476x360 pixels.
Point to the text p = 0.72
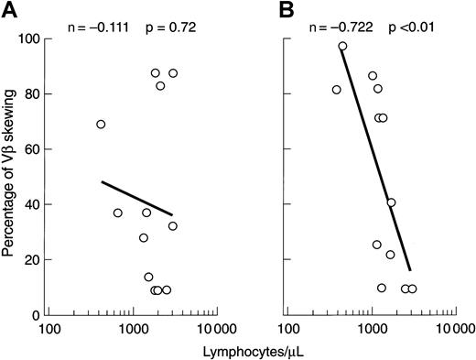point(170,17)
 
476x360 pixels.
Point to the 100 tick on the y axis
point(27,38)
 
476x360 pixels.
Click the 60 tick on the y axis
point(30,148)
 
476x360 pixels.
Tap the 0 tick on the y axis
point(34,314)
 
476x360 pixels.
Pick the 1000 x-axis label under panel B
point(371,328)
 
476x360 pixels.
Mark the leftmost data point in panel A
point(101,125)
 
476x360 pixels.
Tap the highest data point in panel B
point(342,46)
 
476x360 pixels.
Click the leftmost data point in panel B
point(336,90)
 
